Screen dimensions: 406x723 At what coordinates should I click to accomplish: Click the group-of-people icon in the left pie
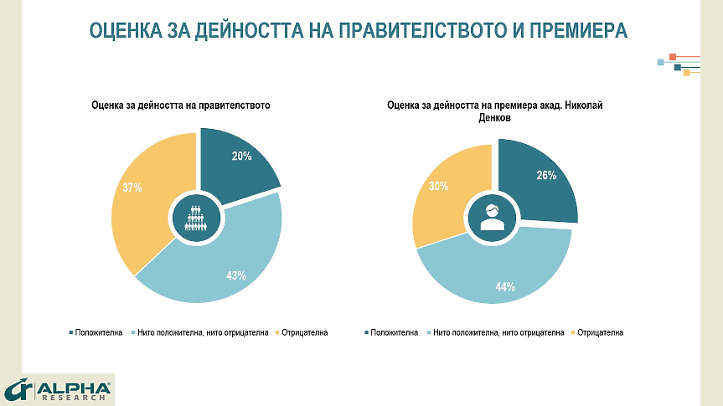[x=195, y=218]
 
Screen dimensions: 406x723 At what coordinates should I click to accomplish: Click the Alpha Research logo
[x=59, y=389]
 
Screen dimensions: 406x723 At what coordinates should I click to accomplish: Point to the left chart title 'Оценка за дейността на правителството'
[x=181, y=105]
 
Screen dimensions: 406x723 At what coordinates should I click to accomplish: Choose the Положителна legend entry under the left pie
[x=96, y=332]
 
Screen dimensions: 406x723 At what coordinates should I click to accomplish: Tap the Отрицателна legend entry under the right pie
[x=598, y=332]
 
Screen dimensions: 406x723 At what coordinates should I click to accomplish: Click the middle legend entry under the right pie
[x=498, y=332]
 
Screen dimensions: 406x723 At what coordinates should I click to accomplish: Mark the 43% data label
[x=235, y=275]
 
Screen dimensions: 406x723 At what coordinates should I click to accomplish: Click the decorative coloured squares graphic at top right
[x=680, y=64]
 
